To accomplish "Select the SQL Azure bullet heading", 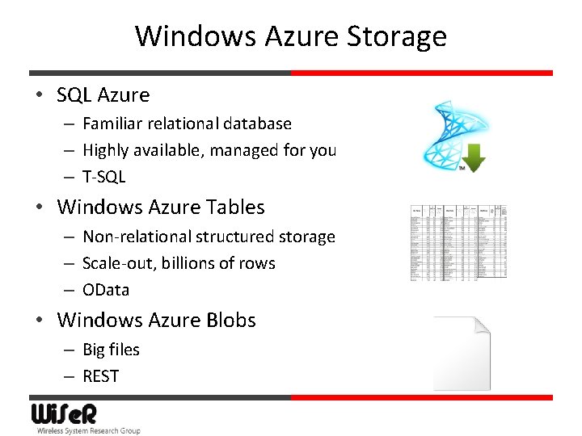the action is [x=103, y=95].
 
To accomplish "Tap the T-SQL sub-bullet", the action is [x=104, y=177].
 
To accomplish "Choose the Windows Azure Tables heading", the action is [x=160, y=208].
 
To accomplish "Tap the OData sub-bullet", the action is [x=106, y=290].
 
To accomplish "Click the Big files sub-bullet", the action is [x=111, y=350].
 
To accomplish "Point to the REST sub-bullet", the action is [x=100, y=376].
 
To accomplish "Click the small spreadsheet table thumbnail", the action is [x=458, y=242].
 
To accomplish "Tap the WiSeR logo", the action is [x=64, y=414].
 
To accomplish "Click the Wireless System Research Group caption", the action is [x=88, y=431].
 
